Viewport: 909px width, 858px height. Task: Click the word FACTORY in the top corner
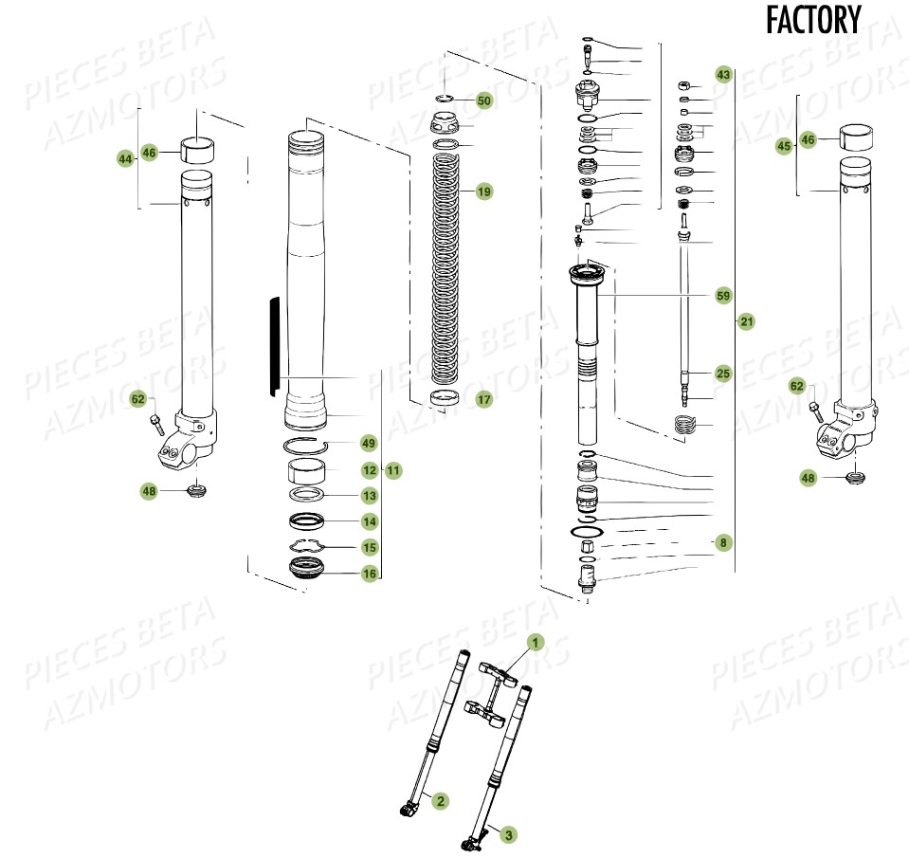(x=813, y=20)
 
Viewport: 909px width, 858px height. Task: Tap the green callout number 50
(x=483, y=100)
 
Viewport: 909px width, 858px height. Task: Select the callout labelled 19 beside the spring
(x=483, y=192)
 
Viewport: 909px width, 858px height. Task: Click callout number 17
(x=483, y=400)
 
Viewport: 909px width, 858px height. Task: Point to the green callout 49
(x=369, y=444)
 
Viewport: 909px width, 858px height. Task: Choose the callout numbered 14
(x=369, y=521)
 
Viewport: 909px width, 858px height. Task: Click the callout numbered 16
(x=369, y=574)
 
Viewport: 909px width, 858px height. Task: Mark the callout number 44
(x=125, y=160)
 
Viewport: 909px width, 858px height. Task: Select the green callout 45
(x=783, y=147)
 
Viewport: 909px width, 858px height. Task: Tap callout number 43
(x=723, y=74)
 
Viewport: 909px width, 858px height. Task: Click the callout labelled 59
(x=723, y=296)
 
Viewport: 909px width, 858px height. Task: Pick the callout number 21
(x=747, y=322)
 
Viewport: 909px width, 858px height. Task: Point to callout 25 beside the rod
(x=723, y=374)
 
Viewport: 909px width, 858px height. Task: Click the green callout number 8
(x=723, y=543)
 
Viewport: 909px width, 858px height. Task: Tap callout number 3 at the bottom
(x=508, y=835)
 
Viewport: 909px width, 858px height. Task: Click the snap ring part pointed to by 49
(x=308, y=445)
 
